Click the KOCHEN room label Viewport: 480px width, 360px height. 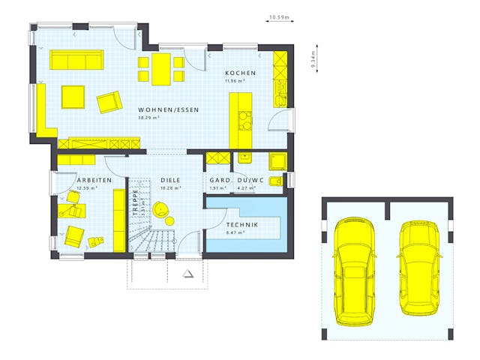coord(240,73)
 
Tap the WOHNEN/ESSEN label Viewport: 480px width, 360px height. coord(169,109)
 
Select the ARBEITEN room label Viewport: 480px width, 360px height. coord(94,181)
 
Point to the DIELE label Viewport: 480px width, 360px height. coord(170,181)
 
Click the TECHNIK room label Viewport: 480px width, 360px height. coord(242,225)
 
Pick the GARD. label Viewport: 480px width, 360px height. coord(219,181)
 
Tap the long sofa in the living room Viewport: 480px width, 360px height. coord(77,59)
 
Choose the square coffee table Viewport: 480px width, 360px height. coord(73,97)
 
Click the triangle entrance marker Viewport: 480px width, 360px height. coord(187,273)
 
